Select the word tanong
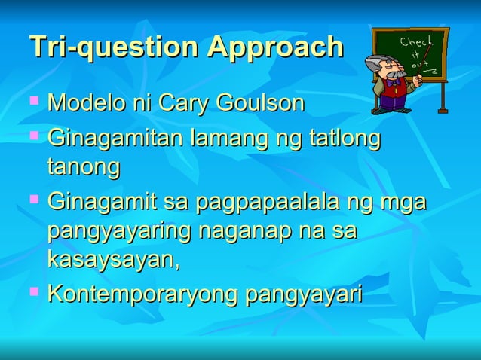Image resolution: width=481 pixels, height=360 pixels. coord(84,167)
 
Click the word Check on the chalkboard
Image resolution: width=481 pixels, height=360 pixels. coord(416,41)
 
